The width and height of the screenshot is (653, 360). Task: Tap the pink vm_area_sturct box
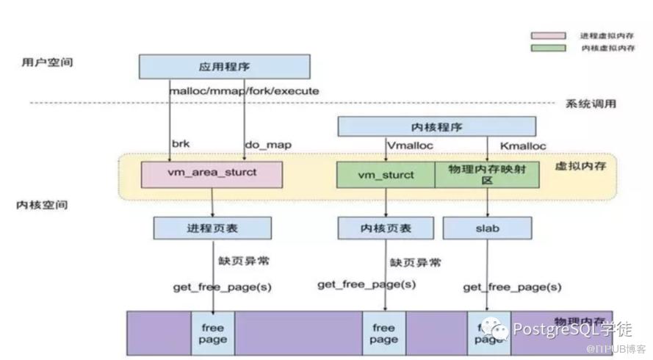pos(212,175)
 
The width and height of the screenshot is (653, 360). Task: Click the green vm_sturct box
pos(386,175)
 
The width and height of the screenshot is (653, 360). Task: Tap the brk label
pos(180,144)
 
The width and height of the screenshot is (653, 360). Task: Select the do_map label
pos(267,145)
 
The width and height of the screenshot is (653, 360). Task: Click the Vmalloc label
pos(409,145)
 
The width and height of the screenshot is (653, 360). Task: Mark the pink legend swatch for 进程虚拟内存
pos(549,35)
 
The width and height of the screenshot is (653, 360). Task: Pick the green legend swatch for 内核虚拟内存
pos(549,48)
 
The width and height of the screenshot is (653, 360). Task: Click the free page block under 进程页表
pos(213,334)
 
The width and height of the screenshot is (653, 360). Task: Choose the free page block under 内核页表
pos(383,334)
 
